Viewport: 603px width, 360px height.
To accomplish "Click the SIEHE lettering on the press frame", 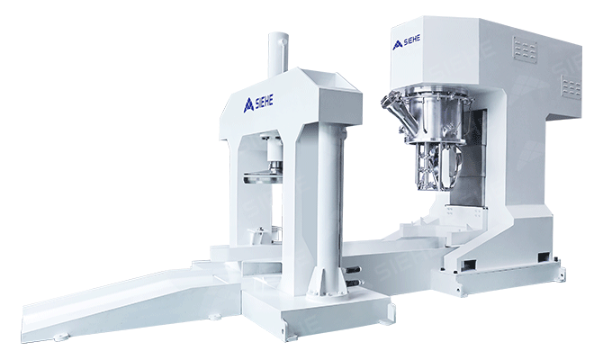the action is click(x=264, y=102).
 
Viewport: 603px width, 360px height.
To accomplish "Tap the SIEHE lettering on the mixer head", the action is click(x=412, y=40).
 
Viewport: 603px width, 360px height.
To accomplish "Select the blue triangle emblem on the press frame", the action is click(x=248, y=105).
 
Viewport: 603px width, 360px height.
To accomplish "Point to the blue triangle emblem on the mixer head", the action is click(x=398, y=45).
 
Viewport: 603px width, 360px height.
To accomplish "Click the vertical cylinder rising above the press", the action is click(x=278, y=55).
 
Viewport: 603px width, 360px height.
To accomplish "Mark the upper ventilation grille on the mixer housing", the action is click(x=526, y=48).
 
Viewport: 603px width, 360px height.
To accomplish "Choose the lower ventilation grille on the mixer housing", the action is click(x=571, y=87).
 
